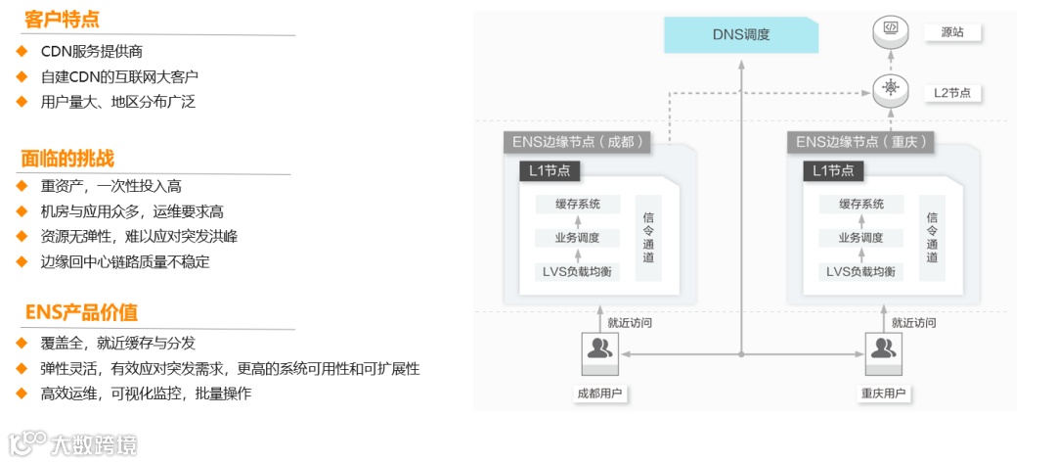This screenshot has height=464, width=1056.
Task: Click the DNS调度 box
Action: point(741,35)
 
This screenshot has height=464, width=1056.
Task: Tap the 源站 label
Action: point(952,32)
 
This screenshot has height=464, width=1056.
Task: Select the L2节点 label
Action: point(951,93)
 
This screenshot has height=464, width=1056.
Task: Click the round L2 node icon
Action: point(891,89)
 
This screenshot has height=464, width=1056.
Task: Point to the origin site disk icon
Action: point(891,30)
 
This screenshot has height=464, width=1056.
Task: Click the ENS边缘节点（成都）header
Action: point(576,142)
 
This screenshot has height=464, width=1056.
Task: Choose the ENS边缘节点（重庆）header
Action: point(860,142)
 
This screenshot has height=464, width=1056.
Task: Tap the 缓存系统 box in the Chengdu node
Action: point(577,205)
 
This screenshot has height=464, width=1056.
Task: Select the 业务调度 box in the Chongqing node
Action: point(861,238)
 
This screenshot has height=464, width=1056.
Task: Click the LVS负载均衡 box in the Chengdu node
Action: point(577,271)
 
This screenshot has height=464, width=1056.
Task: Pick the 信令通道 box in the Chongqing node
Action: point(932,238)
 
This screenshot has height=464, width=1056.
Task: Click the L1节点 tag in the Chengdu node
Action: point(550,171)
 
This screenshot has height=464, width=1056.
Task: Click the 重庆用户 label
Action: point(884,394)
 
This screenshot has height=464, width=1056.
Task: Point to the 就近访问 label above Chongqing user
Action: point(913,322)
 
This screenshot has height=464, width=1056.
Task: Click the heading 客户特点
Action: point(62,20)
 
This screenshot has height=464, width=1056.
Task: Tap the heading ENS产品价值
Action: point(81,312)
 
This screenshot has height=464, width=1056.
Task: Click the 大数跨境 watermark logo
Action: point(73,444)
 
